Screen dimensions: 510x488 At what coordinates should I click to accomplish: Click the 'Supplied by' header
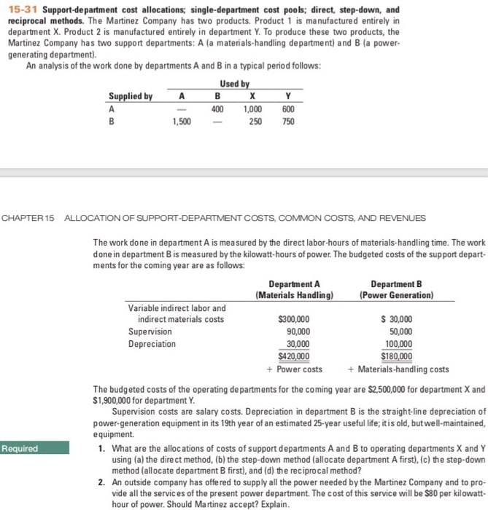[x=131, y=96]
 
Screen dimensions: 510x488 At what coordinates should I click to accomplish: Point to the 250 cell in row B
[x=255, y=122]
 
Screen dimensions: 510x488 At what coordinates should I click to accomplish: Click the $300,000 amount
[x=294, y=319]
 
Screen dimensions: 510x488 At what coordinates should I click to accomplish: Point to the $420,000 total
[x=294, y=356]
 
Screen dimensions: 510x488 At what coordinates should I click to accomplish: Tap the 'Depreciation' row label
[x=152, y=344]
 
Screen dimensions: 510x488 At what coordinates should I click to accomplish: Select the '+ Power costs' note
[x=295, y=369]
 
